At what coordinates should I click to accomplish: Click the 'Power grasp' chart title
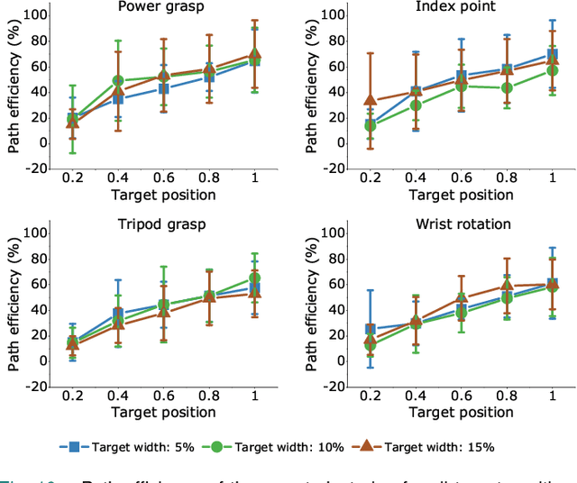160,7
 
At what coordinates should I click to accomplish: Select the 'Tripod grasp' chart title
160,224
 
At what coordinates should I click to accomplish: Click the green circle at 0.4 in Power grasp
118,81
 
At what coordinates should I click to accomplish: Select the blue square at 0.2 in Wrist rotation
370,330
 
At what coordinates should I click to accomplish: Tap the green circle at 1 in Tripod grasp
255,278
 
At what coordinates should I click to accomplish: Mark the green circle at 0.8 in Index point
507,87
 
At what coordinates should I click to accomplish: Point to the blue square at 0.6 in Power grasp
163,88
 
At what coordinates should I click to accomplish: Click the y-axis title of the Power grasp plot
14,87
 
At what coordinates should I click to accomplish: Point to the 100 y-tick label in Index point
332,15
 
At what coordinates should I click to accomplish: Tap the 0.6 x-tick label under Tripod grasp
163,395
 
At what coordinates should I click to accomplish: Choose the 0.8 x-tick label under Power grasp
209,178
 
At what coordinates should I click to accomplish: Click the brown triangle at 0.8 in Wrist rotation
507,287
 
